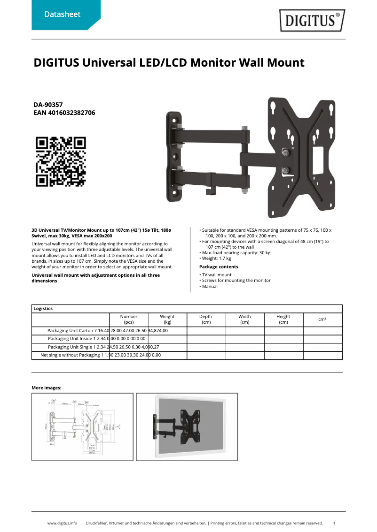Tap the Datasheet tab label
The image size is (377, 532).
coord(62,15)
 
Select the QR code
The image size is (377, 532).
coord(61,161)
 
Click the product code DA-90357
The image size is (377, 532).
coord(48,105)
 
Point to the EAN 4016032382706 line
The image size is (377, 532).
coord(64,113)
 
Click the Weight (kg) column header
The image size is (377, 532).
coord(167,319)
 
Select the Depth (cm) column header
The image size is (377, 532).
coord(206,319)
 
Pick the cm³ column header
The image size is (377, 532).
coord(322,319)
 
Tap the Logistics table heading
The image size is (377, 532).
coord(43,309)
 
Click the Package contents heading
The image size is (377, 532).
coord(219,267)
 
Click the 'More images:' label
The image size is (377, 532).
coord(46,388)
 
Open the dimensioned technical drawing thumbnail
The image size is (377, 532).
coord(82,426)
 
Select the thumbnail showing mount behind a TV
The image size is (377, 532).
coord(187,426)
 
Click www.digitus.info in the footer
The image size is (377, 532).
coord(62,523)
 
